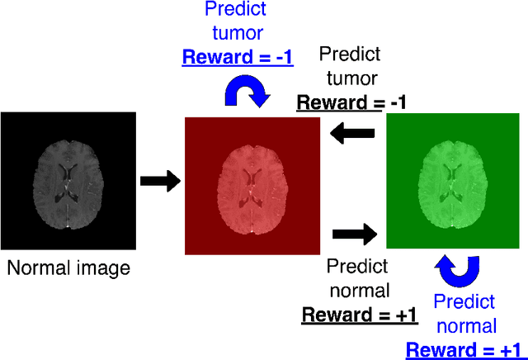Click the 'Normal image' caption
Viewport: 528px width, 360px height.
[x=68, y=268]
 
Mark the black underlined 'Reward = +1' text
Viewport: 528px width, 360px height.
[x=360, y=315]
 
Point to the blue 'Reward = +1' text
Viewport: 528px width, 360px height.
[x=465, y=348]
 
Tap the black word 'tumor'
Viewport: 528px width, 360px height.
[x=350, y=78]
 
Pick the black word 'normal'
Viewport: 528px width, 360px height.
[x=360, y=291]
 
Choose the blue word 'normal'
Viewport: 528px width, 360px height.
[x=465, y=325]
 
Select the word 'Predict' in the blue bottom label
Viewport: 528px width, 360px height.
[x=464, y=301]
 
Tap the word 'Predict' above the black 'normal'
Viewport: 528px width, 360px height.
[x=360, y=266]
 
